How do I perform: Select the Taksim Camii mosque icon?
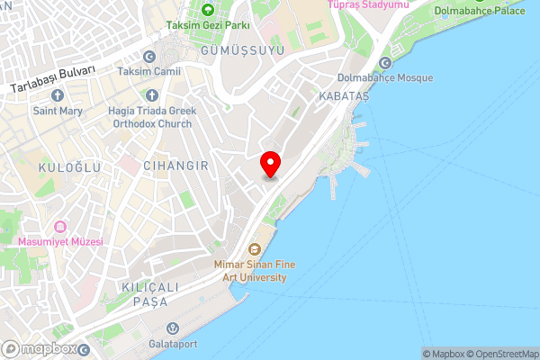pos(148,57)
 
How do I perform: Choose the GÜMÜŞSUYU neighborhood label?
pos(248,50)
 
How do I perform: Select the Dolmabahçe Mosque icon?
pos(386,62)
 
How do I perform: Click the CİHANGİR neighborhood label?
pos(175,166)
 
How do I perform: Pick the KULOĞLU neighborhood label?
pos(61,168)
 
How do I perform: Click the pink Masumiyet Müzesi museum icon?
pos(60,227)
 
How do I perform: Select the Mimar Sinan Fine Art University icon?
pos(256,248)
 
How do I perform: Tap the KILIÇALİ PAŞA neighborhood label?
pos(144,293)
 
